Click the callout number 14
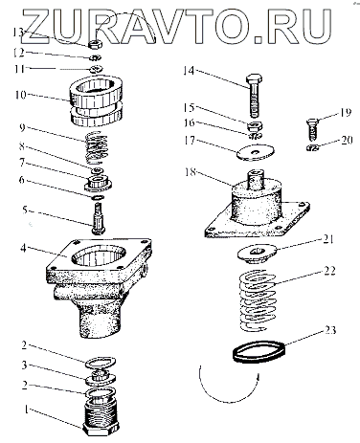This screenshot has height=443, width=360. pos(189,71)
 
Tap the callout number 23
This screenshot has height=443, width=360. pos(330,330)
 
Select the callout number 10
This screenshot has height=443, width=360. pos(21,95)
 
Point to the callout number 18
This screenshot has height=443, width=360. pos(191,172)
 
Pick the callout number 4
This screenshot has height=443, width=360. pos(23,248)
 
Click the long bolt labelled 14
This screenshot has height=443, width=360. pos(255,96)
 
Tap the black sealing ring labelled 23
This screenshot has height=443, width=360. pos(259,352)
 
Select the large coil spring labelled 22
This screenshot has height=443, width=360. pos(258,300)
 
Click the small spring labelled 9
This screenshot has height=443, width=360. pos(98,147)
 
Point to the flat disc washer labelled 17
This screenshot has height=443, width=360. pos(256,152)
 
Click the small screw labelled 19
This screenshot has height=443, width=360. pos(311,129)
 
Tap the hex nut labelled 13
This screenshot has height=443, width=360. pos(95,44)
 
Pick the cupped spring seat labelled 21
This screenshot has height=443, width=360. pos(258,253)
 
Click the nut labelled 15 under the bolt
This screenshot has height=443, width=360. pos(255,125)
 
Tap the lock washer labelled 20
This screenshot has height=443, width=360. pos(311,147)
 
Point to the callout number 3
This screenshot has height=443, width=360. pos(25,365)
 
